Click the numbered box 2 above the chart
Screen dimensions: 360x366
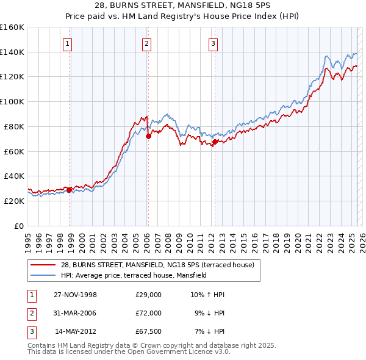(147, 43)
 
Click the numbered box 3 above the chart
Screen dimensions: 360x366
(213, 43)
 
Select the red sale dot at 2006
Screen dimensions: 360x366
(148, 136)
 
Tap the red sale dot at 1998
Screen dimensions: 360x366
(70, 190)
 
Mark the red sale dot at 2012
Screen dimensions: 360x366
(215, 142)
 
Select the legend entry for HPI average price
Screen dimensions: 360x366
(134, 275)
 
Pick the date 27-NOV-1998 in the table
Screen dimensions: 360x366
(75, 295)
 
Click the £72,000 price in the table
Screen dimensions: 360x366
(148, 313)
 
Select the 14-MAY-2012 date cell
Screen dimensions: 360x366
(76, 331)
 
